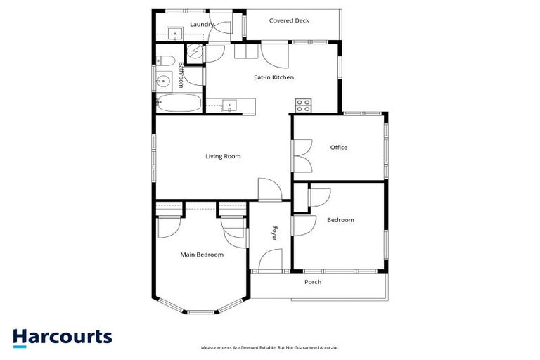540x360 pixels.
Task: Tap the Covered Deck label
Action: pos(289,20)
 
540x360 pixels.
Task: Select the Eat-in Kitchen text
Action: pos(274,77)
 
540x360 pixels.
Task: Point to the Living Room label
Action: pos(223,156)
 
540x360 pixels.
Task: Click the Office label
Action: pos(339,148)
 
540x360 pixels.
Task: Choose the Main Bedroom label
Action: pos(202,255)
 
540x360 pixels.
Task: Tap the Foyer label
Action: pos(275,233)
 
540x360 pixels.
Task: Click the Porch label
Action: pos(312,282)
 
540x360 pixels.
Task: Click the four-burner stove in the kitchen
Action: pos(304,105)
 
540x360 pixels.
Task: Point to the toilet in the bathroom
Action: pos(161,59)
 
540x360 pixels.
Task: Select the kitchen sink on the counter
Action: pos(230,106)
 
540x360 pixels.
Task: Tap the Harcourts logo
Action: pos(63,337)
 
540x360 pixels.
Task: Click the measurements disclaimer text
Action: pos(270,347)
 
